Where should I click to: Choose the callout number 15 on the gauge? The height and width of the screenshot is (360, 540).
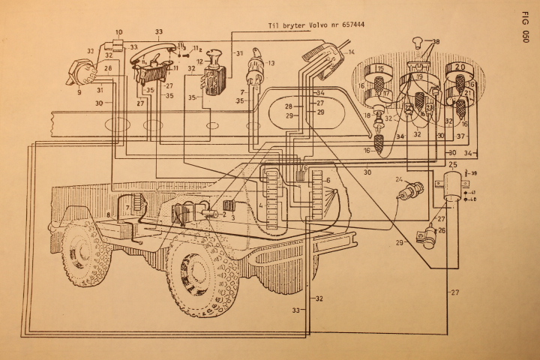(x=379, y=69)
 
